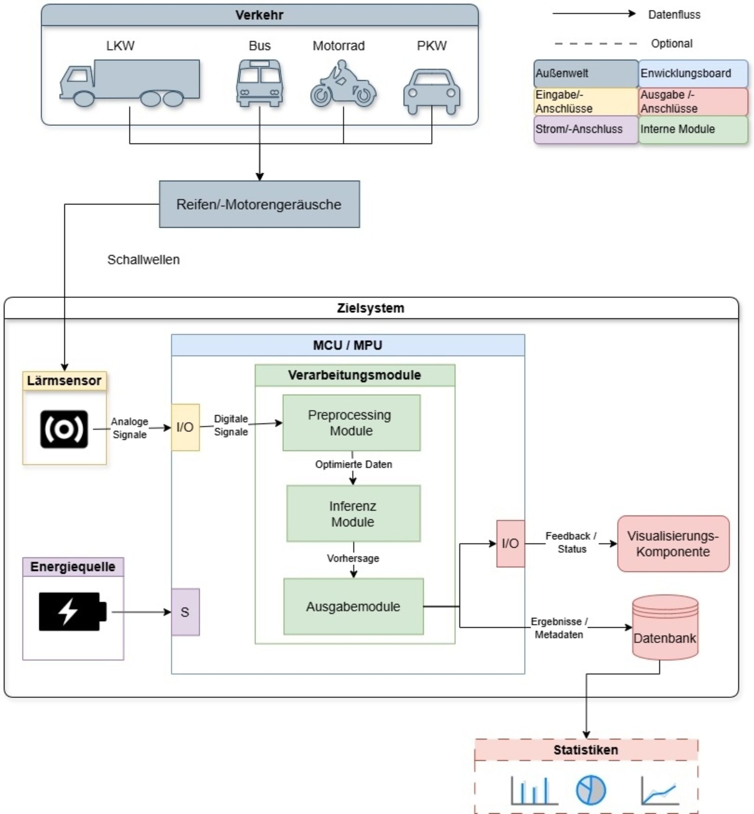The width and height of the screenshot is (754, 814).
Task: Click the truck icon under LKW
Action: click(130, 83)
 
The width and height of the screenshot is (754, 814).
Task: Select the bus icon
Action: click(260, 83)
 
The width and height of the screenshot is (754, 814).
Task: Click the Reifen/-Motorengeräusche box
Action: click(259, 204)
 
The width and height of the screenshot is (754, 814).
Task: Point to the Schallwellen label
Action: click(143, 260)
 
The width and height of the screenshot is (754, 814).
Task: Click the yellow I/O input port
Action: click(185, 427)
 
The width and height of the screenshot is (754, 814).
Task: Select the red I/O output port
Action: click(510, 543)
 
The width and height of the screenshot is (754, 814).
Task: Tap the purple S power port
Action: click(185, 611)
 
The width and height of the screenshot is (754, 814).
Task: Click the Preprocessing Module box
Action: click(351, 422)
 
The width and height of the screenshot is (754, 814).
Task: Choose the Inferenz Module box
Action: click(353, 513)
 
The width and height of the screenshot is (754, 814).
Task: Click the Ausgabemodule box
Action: click(353, 606)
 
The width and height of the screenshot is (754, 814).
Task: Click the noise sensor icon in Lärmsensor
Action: click(64, 429)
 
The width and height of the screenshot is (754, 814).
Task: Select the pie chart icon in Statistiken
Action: click(591, 790)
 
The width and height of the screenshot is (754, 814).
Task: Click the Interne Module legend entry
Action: click(693, 129)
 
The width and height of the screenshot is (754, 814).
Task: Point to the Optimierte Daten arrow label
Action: click(353, 464)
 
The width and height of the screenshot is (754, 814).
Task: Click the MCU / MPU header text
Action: click(348, 345)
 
